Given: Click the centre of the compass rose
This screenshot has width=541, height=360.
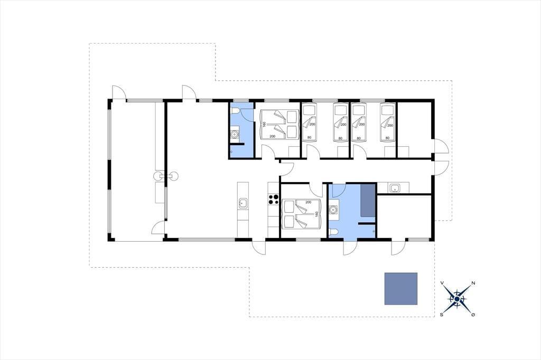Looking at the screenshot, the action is point(457,299).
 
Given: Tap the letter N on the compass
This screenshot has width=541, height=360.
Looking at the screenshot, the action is point(473,283).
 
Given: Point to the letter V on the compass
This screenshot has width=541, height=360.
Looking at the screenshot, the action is point(442,283).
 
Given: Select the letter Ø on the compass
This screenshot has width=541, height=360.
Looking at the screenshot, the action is point(473,315).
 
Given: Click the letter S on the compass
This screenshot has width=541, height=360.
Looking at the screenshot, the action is point(442,315).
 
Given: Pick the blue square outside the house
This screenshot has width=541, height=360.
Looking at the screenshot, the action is point(401,289).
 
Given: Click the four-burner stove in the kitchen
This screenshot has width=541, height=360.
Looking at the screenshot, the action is point(274,199).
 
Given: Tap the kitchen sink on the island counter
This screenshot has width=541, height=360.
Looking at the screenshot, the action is point(243,203).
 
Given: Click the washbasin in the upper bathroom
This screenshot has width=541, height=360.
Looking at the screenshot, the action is point(235,134).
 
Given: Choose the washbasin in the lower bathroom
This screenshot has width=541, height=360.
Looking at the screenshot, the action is point(333,210).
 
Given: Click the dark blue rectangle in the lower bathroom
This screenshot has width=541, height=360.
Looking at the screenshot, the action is point(368,201).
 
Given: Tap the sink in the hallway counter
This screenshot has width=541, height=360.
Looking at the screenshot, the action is point(394,188).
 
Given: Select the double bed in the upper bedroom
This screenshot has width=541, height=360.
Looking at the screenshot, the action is point(279,125).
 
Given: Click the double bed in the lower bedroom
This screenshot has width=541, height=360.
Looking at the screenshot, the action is point(302,214).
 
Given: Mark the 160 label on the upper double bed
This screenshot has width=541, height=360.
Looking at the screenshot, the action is point(264,125).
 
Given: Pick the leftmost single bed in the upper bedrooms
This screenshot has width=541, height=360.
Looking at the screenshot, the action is point(310,123).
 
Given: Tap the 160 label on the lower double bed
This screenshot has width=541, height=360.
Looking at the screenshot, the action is point(316,214).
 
